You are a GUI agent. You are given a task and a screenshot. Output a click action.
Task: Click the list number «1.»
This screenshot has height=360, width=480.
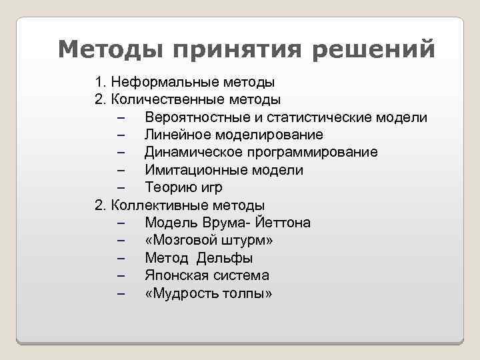point(101,83)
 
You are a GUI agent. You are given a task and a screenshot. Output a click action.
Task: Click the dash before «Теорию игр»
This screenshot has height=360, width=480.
point(121,188)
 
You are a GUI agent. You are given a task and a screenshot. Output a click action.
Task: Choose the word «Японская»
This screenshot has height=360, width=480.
point(175,275)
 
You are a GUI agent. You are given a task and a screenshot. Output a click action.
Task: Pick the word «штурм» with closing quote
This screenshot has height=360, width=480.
point(249,240)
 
